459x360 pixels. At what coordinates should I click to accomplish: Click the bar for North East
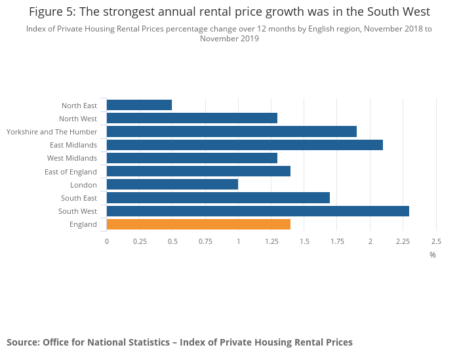pos(139,105)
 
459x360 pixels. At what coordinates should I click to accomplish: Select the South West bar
pos(258,211)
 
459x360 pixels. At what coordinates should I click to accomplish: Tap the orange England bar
pos(198,224)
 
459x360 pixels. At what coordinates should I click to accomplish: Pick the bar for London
pos(172,185)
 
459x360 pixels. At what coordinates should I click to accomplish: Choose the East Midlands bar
pos(245,145)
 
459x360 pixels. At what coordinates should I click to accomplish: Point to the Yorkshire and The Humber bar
pos(231,132)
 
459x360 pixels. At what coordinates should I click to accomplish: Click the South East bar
pos(218,198)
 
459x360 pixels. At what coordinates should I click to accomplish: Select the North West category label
pos(78,119)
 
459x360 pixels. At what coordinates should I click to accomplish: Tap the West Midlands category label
pos(72,158)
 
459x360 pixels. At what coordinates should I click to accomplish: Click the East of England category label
pos(71,172)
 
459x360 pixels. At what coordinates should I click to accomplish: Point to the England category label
pos(83,224)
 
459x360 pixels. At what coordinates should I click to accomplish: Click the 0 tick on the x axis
pos(107,241)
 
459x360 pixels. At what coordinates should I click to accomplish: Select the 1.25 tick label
pos(271,241)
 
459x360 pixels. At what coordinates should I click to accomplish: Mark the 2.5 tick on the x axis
pos(435,241)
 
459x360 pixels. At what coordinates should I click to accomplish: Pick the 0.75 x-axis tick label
pos(205,241)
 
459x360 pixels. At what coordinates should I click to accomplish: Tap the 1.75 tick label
pos(337,241)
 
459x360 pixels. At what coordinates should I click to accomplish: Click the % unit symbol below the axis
pos(433,254)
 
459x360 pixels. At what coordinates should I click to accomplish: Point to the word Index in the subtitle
pos(37,29)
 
